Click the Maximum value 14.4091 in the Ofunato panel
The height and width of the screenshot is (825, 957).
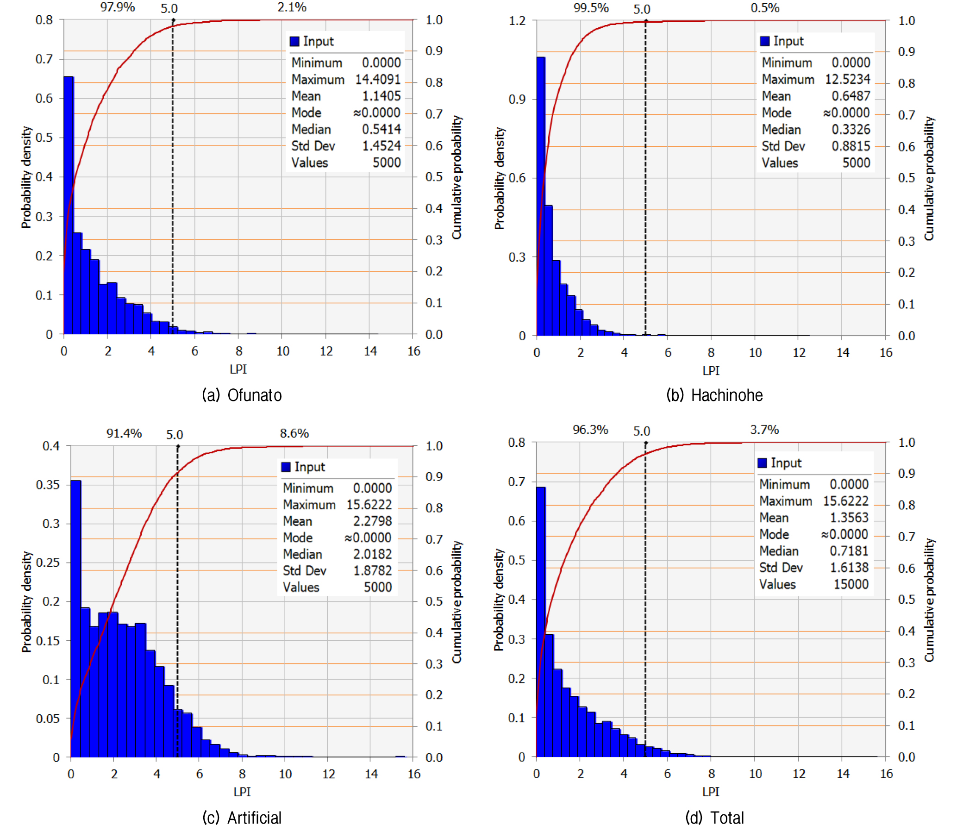(x=378, y=79)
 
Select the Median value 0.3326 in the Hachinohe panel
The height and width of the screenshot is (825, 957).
(x=851, y=129)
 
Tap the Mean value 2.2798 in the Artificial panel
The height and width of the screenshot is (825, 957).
(x=373, y=521)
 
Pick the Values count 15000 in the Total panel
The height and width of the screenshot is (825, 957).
(x=851, y=584)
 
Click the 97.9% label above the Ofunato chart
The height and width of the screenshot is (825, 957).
(x=118, y=7)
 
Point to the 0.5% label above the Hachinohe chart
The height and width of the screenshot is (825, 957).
(x=765, y=8)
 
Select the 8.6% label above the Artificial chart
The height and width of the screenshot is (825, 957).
(x=294, y=433)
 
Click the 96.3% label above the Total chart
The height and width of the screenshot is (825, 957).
(x=590, y=430)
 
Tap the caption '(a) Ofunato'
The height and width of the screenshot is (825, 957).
(x=242, y=395)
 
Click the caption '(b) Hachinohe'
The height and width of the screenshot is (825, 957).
(x=714, y=395)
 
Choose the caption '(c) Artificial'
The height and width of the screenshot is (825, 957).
(x=242, y=817)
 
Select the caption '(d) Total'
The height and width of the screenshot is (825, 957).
(x=714, y=817)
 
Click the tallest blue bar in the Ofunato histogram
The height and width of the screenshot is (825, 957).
(x=69, y=205)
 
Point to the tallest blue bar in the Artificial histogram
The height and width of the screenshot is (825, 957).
(x=75, y=619)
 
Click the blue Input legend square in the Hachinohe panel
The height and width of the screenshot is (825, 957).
(x=765, y=41)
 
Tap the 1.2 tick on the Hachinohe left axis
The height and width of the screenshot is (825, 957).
(x=517, y=20)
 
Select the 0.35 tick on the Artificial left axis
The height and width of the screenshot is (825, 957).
(x=48, y=485)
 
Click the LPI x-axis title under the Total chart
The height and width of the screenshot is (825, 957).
(x=711, y=792)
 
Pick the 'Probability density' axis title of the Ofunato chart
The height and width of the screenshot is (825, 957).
(x=26, y=177)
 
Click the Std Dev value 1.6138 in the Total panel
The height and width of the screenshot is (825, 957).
(x=849, y=567)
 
